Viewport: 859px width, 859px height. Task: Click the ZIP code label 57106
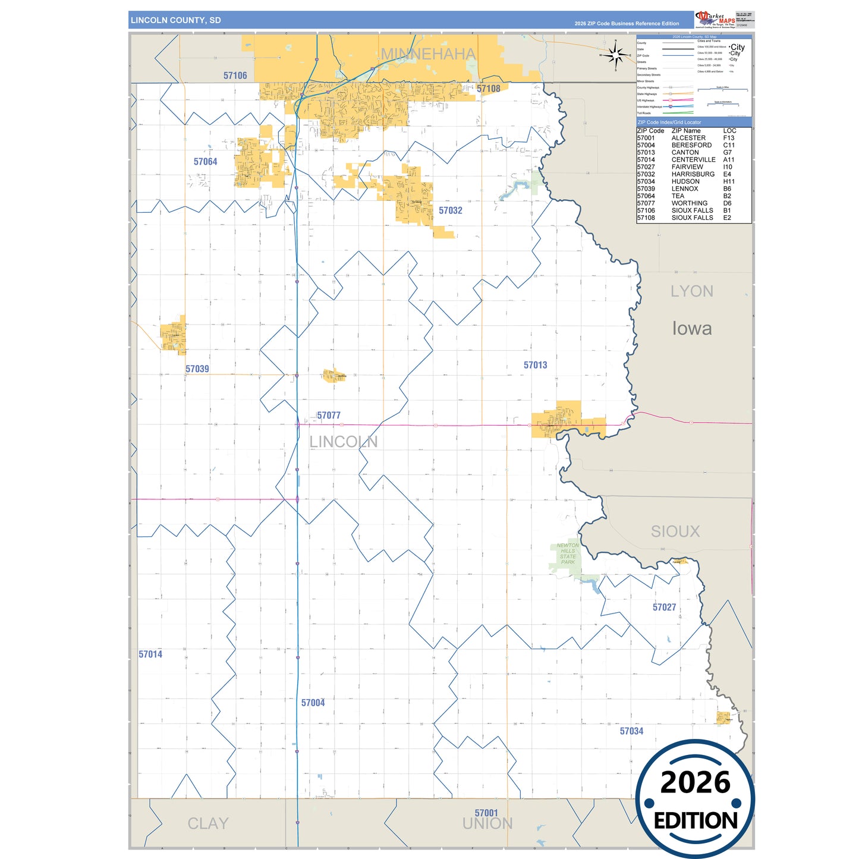(x=235, y=75)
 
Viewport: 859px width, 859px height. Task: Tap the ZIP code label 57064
(x=206, y=162)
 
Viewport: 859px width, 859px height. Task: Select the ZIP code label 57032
(x=451, y=210)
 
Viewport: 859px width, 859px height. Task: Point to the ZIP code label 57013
(x=536, y=365)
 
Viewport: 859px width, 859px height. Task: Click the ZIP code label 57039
(x=197, y=369)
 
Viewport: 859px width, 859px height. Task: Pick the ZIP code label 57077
(x=329, y=416)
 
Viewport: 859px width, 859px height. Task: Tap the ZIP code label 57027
(x=665, y=607)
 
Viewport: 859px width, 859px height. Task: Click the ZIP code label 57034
(x=632, y=731)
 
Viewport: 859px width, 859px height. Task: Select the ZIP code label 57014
(x=150, y=655)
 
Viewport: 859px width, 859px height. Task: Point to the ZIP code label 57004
(x=313, y=703)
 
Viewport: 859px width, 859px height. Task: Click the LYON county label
(x=692, y=291)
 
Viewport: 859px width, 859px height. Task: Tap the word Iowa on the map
(x=692, y=328)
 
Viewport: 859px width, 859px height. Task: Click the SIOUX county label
(x=675, y=531)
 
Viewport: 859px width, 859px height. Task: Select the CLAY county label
(x=208, y=823)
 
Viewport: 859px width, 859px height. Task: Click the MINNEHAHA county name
(x=428, y=54)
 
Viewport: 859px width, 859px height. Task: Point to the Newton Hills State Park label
(x=568, y=553)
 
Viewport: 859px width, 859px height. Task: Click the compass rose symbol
(x=616, y=55)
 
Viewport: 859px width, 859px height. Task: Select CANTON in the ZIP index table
(x=685, y=153)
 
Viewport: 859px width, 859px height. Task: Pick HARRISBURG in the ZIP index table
(x=693, y=174)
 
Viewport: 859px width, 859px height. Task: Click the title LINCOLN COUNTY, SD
(x=176, y=20)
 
